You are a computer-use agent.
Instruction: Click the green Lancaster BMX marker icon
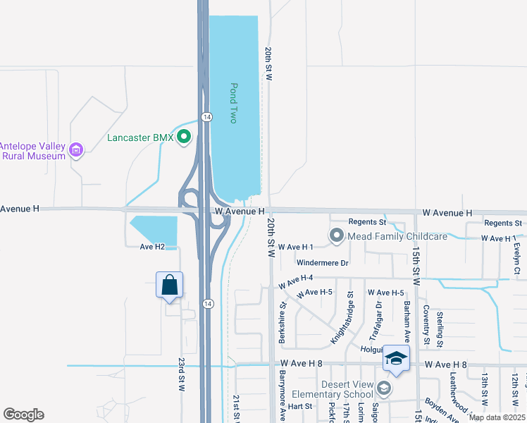(x=185, y=137)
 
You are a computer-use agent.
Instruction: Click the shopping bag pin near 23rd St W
(x=169, y=286)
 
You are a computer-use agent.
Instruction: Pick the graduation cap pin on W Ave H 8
(x=396, y=360)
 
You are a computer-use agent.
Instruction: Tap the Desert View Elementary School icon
(x=384, y=388)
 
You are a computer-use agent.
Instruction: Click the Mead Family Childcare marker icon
(x=336, y=236)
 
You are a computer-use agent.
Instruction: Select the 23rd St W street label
(x=181, y=374)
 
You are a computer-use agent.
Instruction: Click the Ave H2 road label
(x=151, y=247)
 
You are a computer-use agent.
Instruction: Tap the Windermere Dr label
(x=323, y=263)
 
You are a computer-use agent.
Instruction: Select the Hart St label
(x=300, y=407)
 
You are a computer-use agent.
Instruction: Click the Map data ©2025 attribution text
(x=497, y=417)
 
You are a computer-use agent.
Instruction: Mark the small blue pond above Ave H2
(x=154, y=230)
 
